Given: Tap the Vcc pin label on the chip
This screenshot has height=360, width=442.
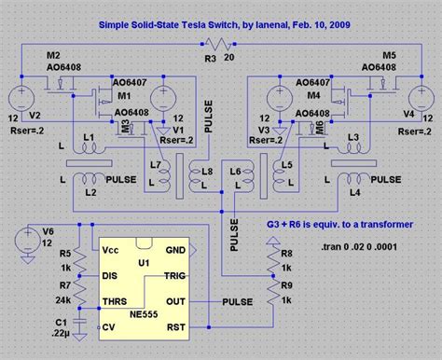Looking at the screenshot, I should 110,250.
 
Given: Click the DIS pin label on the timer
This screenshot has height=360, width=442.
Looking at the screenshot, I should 109,275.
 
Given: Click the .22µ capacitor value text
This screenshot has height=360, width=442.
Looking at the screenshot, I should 62,332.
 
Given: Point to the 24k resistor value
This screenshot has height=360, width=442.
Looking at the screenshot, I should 62,298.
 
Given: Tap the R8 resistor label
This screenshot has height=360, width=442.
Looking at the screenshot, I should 285,252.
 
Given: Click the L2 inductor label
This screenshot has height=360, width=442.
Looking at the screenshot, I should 90,190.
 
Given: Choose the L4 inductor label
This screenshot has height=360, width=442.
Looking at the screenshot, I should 353,191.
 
